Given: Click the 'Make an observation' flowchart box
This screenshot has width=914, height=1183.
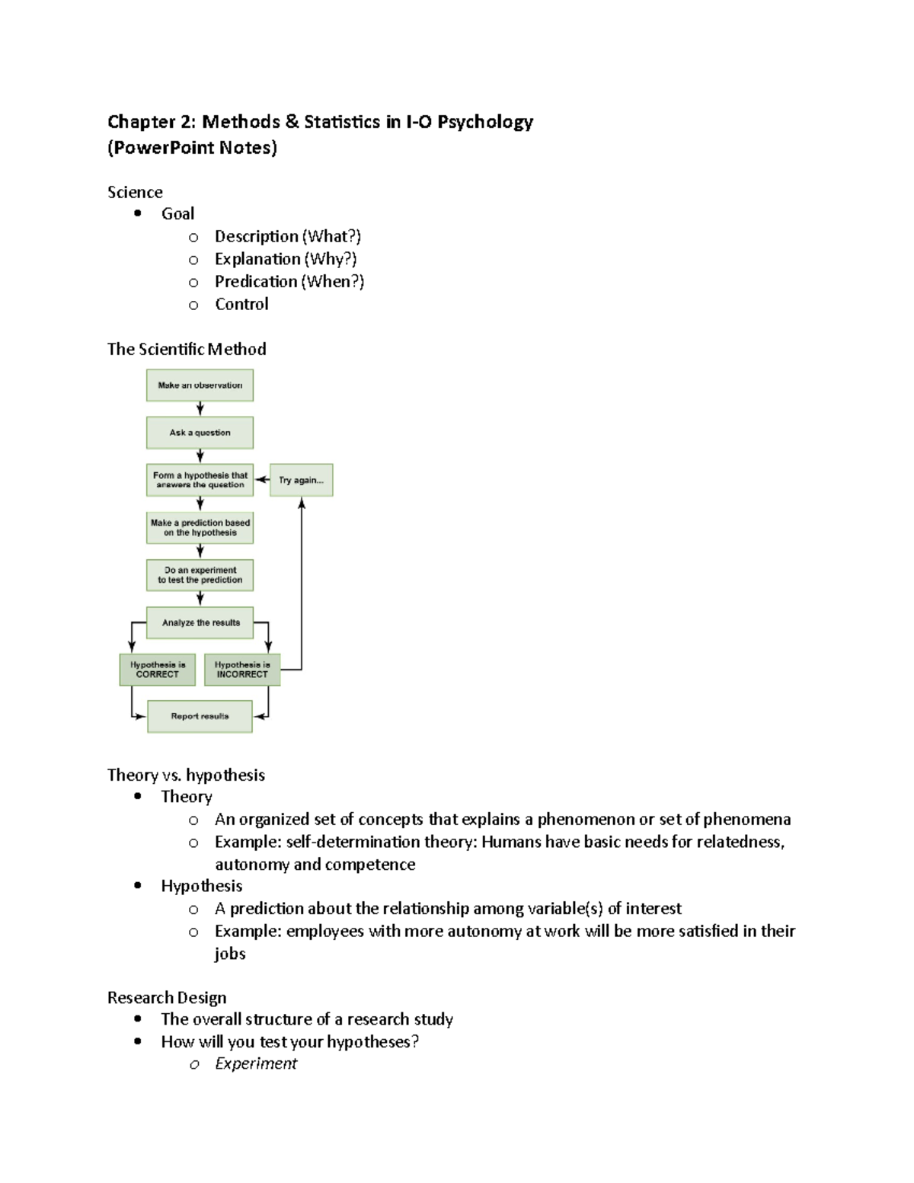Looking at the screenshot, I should pyautogui.click(x=200, y=385).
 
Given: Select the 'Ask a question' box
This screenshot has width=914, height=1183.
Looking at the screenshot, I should pyautogui.click(x=200, y=433).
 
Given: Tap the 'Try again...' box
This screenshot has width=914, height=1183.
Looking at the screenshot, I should pyautogui.click(x=301, y=480).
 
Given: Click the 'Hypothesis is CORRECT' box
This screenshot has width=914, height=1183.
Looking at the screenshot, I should pyautogui.click(x=158, y=670).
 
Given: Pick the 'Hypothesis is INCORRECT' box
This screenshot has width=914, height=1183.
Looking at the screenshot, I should pyautogui.click(x=242, y=670).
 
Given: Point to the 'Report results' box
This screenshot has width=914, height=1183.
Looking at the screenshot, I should pyautogui.click(x=200, y=717).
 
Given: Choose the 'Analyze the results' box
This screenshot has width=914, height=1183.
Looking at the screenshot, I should pyautogui.click(x=200, y=623).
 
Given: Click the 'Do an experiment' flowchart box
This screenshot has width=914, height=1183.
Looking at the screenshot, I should pyautogui.click(x=200, y=575).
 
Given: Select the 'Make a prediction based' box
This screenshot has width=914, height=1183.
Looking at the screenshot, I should pyautogui.click(x=200, y=528).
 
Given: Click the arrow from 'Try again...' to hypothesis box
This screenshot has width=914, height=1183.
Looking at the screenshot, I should pyautogui.click(x=262, y=480).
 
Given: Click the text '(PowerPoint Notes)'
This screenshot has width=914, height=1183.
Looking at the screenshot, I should pyautogui.click(x=192, y=148).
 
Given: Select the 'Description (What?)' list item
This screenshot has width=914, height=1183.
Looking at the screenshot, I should pyautogui.click(x=287, y=237).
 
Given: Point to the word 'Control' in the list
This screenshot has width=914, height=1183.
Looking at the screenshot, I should pyautogui.click(x=241, y=305).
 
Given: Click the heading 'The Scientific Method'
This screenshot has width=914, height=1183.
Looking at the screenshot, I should pyautogui.click(x=187, y=350).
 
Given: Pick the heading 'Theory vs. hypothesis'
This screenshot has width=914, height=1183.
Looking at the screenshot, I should pyautogui.click(x=186, y=775).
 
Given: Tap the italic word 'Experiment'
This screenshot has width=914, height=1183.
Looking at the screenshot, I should pyautogui.click(x=256, y=1064).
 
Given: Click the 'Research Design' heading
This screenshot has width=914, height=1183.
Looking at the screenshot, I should pyautogui.click(x=167, y=998).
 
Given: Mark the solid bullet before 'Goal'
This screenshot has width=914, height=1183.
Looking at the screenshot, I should pyautogui.click(x=138, y=214).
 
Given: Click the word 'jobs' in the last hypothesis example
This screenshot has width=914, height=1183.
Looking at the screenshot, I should pyautogui.click(x=230, y=954).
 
